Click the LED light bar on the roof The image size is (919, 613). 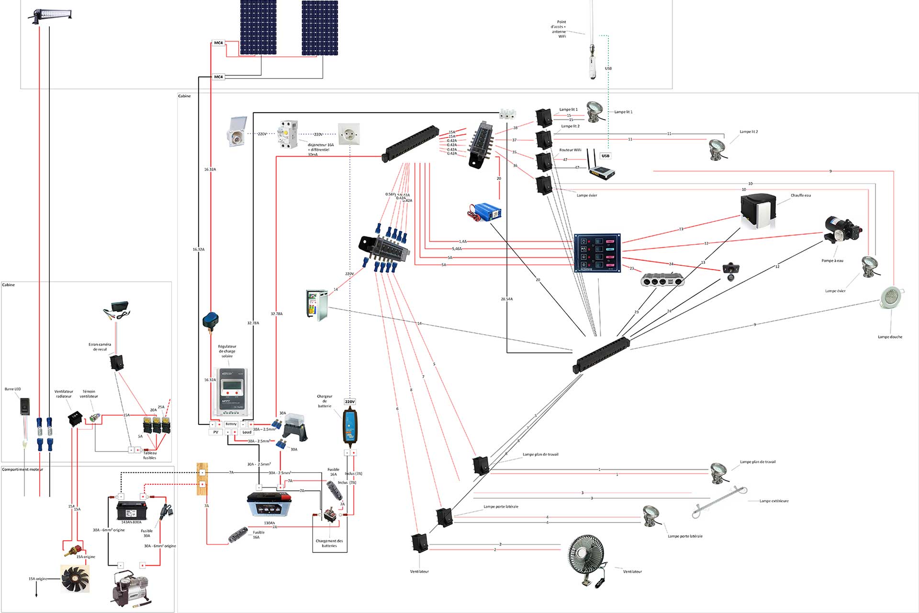(50, 15)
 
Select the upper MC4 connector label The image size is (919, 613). (218, 43)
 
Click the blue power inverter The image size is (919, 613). (484, 212)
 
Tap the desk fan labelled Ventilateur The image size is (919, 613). (586, 558)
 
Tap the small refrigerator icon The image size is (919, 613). (317, 304)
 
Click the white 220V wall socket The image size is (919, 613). (348, 134)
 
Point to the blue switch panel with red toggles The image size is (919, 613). (597, 253)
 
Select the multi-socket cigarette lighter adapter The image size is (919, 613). (662, 280)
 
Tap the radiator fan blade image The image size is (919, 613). (75, 579)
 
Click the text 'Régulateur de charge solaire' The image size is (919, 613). (227, 351)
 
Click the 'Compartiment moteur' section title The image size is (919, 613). (22, 469)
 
